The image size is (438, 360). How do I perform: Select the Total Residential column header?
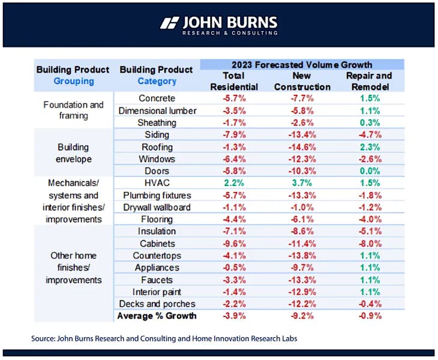(x=233, y=81)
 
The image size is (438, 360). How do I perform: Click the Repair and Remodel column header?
(x=368, y=81)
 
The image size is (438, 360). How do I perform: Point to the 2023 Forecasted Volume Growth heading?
(x=301, y=65)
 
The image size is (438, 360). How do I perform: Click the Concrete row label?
(x=157, y=98)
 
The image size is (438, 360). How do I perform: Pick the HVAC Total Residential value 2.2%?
(x=233, y=183)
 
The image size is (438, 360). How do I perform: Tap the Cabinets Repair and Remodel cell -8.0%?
(x=368, y=244)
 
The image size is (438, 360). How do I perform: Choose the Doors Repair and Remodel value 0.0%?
(x=368, y=171)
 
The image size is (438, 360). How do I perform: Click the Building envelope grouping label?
(x=73, y=153)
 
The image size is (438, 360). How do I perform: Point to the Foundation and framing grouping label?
(x=73, y=110)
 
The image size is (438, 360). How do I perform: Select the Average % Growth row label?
(x=157, y=316)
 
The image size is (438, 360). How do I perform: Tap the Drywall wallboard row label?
(x=157, y=207)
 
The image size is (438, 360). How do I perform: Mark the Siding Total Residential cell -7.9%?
(x=233, y=134)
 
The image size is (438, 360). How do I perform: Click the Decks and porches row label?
(x=157, y=304)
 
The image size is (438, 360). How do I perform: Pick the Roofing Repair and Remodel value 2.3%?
(x=368, y=147)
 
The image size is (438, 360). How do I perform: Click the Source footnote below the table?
(x=164, y=338)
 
